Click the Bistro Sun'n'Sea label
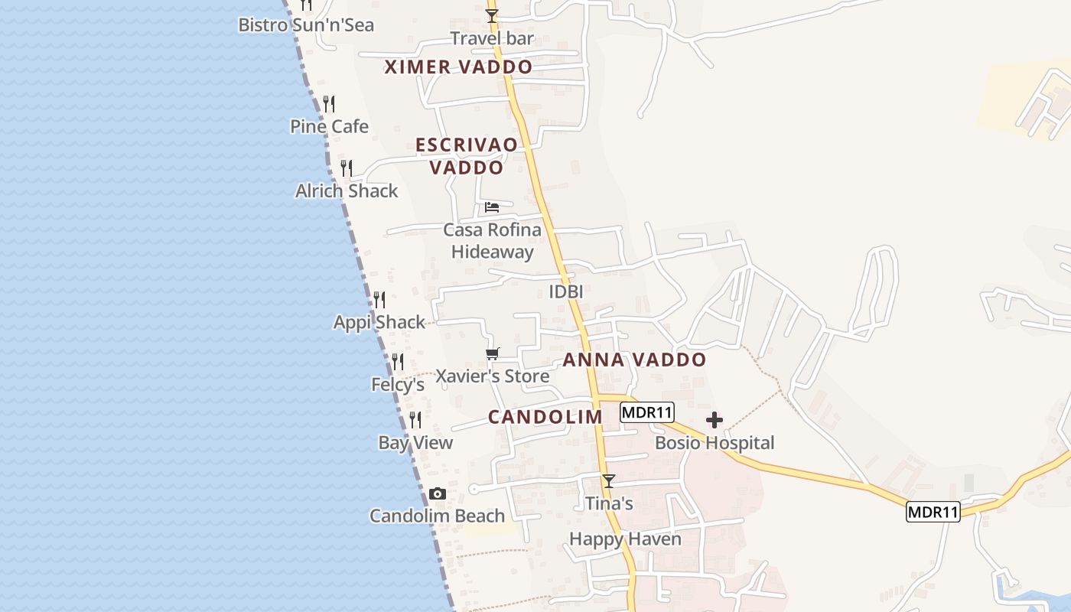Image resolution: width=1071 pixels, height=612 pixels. pos(306,25)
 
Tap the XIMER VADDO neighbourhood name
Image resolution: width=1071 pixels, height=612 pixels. pos(458,67)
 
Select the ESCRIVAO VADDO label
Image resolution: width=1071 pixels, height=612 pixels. pos(466,156)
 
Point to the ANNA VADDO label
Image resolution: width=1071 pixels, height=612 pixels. pos(634,360)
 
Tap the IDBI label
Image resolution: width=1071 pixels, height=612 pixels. pos(566,291)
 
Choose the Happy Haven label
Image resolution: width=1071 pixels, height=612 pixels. pos(625,539)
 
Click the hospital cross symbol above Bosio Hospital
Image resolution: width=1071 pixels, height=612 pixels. pos(715,420)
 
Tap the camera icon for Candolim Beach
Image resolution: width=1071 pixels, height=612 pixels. pos(438,494)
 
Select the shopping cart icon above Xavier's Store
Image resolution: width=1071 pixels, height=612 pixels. pos(493,353)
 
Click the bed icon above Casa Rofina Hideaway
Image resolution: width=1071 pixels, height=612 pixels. pos(493,207)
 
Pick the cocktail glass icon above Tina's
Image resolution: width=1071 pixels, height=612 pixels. pos(609,481)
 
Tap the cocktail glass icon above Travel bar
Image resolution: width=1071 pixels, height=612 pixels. pos(492,16)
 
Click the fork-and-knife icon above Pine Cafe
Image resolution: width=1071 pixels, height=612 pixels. pos(329,104)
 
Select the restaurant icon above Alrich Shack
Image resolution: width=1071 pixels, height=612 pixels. pos(347,168)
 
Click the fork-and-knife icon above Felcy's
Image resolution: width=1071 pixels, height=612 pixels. pos(398,362)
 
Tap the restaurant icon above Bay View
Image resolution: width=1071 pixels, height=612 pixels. pos(415,420)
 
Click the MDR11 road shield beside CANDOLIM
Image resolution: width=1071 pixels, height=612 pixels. pos(646,412)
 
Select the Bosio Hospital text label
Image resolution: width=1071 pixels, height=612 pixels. pos(715,443)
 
